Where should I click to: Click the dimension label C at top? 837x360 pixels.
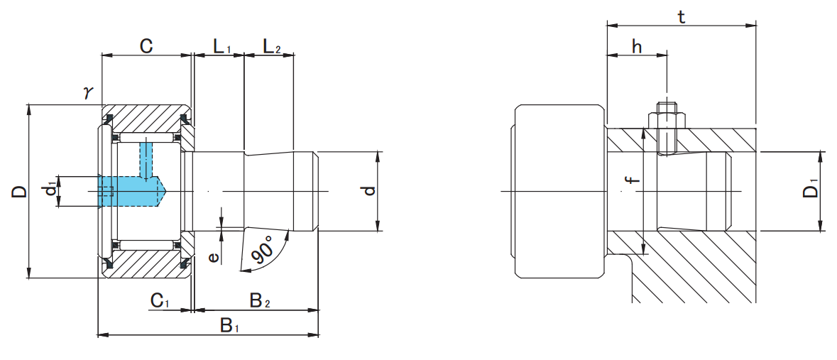point(146,47)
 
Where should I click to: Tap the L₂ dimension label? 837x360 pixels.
point(271,48)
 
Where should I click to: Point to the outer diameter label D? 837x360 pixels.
point(19,191)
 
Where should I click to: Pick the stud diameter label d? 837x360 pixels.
point(367,191)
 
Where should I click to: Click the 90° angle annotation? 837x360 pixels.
point(264,252)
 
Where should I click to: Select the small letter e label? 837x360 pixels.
point(213,256)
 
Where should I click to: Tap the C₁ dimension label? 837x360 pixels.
point(160,300)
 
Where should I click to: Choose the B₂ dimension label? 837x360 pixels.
point(259,300)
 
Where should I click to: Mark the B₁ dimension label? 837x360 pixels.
point(229,325)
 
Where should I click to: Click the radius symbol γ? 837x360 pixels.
point(88,92)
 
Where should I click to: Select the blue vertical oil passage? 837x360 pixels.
point(146,160)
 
